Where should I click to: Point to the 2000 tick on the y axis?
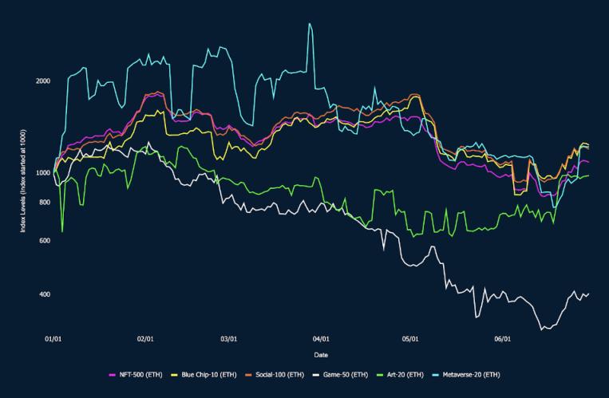tap(43, 81)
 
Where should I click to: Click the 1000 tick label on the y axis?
tap(43, 172)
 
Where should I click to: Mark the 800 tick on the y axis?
tap(45, 203)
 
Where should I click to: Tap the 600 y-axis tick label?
tap(45, 241)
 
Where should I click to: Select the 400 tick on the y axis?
tap(45, 294)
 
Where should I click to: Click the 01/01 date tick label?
tap(53, 339)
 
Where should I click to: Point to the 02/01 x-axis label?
tap(145, 339)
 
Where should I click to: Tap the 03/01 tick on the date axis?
tap(228, 339)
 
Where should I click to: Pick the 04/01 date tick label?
tap(320, 339)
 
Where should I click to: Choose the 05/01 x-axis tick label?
tap(409, 339)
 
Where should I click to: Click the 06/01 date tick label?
tap(501, 339)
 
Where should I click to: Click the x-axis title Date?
tap(320, 355)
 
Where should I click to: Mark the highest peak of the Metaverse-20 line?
tap(310, 23)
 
